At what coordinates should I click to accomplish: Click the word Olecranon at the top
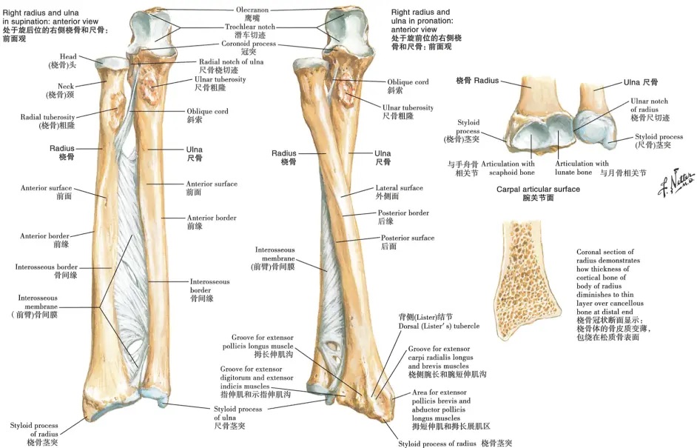point(252,10)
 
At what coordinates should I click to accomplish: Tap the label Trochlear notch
point(250,27)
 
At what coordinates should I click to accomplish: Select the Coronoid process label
point(249,44)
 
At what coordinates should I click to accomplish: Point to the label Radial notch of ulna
point(231,62)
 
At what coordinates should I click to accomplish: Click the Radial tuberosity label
point(47,117)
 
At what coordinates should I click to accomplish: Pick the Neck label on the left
point(66,87)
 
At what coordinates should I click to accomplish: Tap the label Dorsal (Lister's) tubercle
point(439,326)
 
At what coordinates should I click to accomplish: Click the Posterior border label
point(403,213)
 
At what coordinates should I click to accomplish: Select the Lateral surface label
point(399,188)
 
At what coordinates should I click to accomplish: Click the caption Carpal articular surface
point(538,189)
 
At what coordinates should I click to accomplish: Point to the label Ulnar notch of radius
point(649,105)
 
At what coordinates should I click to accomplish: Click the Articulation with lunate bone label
point(582,167)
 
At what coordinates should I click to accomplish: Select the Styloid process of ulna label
point(238,413)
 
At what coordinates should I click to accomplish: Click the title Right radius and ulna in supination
point(50,17)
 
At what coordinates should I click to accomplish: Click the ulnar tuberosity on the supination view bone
point(149,87)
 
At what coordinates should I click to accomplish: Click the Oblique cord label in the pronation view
point(408,82)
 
